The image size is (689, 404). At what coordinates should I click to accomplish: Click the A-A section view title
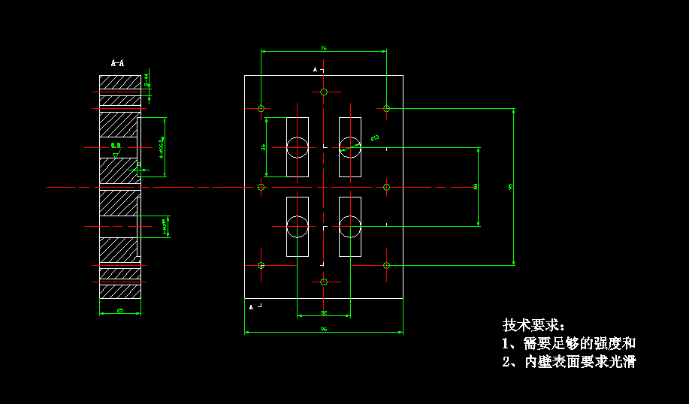(x=117, y=63)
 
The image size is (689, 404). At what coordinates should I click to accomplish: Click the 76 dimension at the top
(x=324, y=48)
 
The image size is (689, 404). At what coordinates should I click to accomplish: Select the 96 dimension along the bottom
(x=324, y=329)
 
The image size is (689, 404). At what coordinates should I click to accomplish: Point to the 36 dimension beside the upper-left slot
(x=264, y=147)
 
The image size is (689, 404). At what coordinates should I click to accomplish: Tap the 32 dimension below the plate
(x=324, y=312)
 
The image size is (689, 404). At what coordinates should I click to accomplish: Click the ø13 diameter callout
(x=374, y=137)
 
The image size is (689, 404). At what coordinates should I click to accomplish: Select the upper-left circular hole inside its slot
(x=298, y=146)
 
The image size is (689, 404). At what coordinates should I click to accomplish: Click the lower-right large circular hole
(x=350, y=226)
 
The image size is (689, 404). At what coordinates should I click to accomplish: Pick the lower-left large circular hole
(x=298, y=226)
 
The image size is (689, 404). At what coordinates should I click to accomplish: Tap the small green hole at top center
(x=324, y=92)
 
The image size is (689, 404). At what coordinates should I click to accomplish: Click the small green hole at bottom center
(x=324, y=282)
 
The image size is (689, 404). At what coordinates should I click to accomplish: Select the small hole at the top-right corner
(x=387, y=108)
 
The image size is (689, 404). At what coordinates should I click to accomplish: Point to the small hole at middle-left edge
(x=261, y=186)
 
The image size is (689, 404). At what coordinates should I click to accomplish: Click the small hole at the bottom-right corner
(x=387, y=265)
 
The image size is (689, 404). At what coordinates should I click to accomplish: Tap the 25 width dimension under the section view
(x=120, y=310)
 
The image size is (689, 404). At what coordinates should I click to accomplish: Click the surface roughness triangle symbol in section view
(x=115, y=153)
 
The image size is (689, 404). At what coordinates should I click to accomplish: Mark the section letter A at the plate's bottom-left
(x=251, y=306)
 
